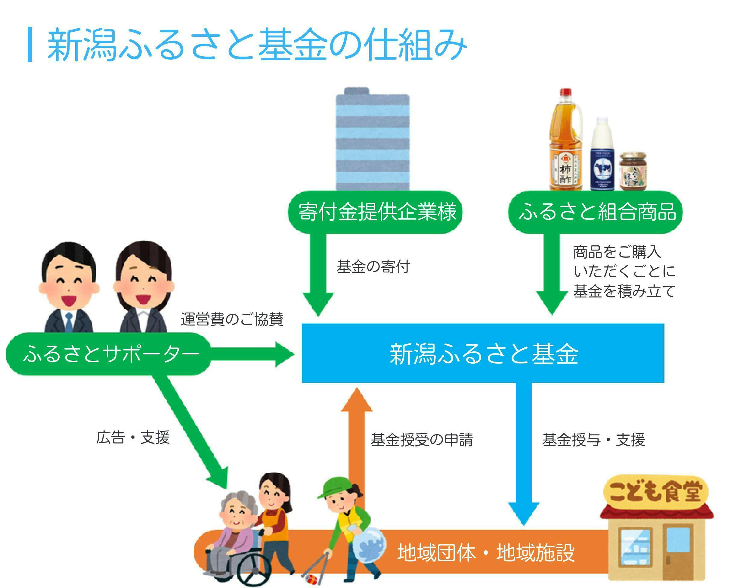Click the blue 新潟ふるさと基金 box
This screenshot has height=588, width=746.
point(482,353)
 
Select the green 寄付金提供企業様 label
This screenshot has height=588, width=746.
point(375,212)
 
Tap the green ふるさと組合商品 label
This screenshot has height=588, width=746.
point(595,212)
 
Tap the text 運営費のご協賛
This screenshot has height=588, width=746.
point(232,319)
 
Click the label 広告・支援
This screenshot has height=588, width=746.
point(133,438)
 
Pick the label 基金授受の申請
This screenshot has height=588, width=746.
point(422,440)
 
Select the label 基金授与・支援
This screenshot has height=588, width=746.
point(593,440)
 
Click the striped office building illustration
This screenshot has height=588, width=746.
point(373,141)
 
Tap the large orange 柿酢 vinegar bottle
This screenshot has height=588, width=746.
point(565,145)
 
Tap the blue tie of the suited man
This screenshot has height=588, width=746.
point(69,322)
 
